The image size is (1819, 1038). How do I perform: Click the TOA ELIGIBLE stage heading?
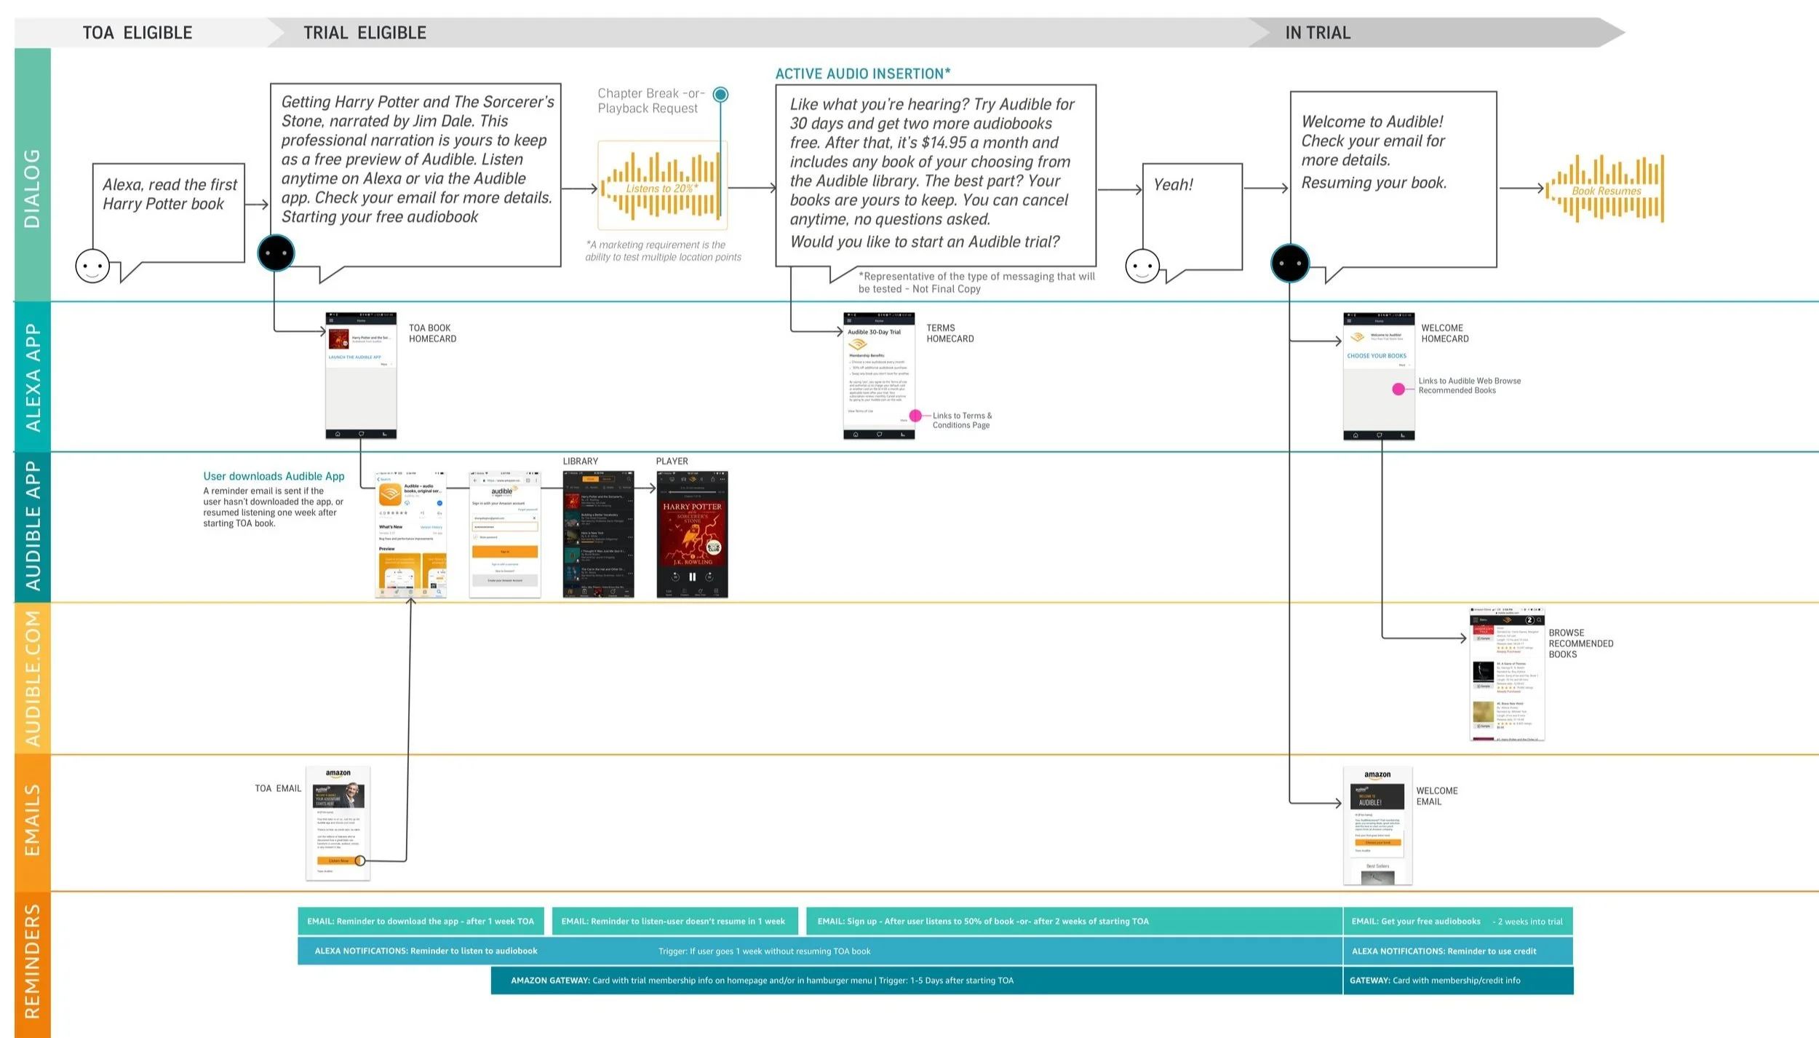(138, 33)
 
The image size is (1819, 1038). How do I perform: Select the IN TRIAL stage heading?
(1318, 33)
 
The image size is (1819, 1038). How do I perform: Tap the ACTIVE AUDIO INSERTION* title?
(863, 74)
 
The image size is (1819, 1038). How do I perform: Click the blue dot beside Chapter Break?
(720, 94)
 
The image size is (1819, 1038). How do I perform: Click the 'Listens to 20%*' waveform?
(661, 186)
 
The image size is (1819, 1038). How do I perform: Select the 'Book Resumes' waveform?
(1607, 189)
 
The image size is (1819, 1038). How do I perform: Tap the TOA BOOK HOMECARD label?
(432, 333)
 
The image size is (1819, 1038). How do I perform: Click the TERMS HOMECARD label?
(950, 333)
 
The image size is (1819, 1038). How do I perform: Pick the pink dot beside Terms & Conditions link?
(915, 416)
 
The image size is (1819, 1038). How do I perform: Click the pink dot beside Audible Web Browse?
(1398, 389)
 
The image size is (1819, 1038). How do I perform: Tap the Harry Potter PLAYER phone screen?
(692, 535)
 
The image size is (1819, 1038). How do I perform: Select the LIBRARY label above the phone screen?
(581, 461)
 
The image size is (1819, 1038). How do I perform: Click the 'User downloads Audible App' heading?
(274, 476)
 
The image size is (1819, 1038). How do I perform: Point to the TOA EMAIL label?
(278, 788)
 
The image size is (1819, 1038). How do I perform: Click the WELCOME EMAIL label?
(1436, 796)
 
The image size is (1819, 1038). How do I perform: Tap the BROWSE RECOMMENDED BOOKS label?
(1580, 643)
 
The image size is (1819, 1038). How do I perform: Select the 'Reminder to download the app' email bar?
(421, 922)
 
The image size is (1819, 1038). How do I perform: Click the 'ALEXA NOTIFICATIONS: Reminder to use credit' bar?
(1457, 951)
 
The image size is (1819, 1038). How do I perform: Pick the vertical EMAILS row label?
(33, 820)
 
